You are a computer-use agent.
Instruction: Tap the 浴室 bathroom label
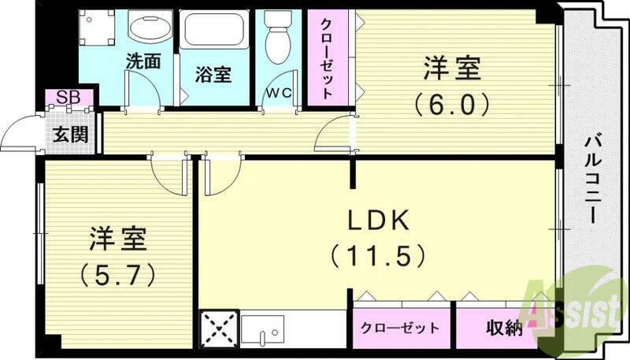[x=213, y=75]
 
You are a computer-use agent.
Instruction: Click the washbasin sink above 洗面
[x=151, y=30]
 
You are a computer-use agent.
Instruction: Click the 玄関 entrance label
[x=69, y=132]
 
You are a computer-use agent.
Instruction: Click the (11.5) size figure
[x=378, y=255]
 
